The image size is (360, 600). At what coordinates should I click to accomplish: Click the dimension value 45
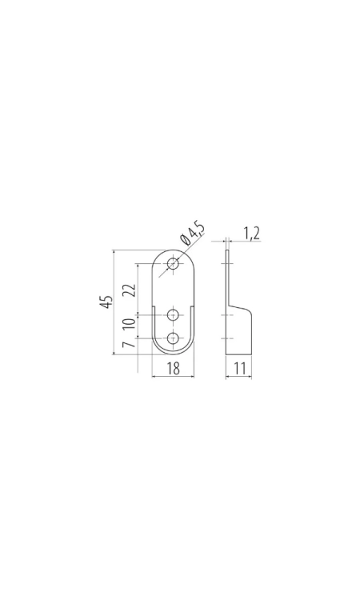[106, 302]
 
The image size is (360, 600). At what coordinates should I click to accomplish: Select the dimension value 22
[130, 290]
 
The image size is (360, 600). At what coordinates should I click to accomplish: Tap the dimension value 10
[130, 323]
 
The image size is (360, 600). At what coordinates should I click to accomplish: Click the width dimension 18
[173, 369]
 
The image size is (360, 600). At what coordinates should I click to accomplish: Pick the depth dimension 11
[239, 369]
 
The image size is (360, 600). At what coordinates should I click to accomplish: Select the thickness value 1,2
[251, 233]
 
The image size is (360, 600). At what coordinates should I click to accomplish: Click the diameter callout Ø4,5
[192, 234]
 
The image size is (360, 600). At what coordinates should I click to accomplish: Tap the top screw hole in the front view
[174, 264]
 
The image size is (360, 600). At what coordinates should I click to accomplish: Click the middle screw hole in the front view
[174, 315]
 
